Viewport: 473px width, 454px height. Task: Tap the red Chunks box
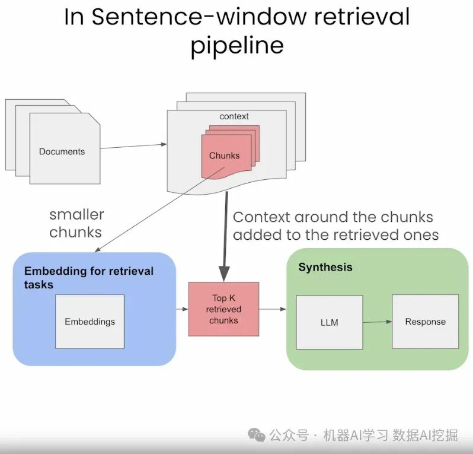[225, 155]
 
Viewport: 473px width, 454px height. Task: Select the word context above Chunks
[234, 116]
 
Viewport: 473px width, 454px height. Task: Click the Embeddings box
[90, 321]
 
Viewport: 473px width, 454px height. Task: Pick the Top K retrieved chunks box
[223, 309]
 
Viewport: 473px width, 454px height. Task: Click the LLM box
[329, 322]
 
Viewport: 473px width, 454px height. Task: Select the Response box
[425, 322]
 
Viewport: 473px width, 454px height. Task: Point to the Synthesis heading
[325, 267]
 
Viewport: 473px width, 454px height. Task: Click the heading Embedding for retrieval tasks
[88, 278]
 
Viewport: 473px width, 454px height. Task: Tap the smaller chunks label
[76, 223]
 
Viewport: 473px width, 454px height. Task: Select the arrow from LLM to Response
[378, 322]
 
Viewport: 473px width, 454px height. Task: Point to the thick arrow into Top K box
[225, 237]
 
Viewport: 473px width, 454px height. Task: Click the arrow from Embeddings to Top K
[182, 309]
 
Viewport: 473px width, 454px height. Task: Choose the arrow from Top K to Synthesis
[272, 309]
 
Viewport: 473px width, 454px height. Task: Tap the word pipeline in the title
[237, 45]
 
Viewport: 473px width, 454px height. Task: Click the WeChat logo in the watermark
[257, 436]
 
